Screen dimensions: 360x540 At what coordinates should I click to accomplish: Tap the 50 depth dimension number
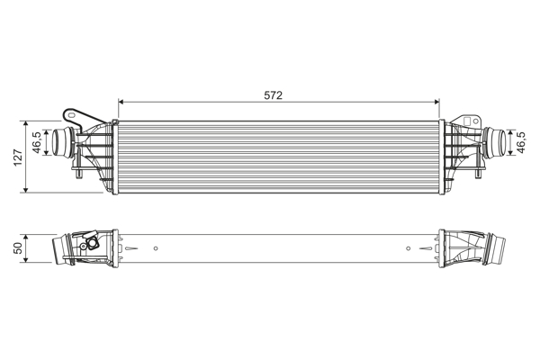[17, 247]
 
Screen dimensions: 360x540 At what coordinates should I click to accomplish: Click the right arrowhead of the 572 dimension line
[436, 102]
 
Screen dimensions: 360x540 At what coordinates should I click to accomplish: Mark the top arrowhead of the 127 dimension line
[28, 121]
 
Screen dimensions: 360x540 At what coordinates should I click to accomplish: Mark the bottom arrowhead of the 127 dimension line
[28, 190]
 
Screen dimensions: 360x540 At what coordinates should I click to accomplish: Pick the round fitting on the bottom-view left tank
[90, 243]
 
